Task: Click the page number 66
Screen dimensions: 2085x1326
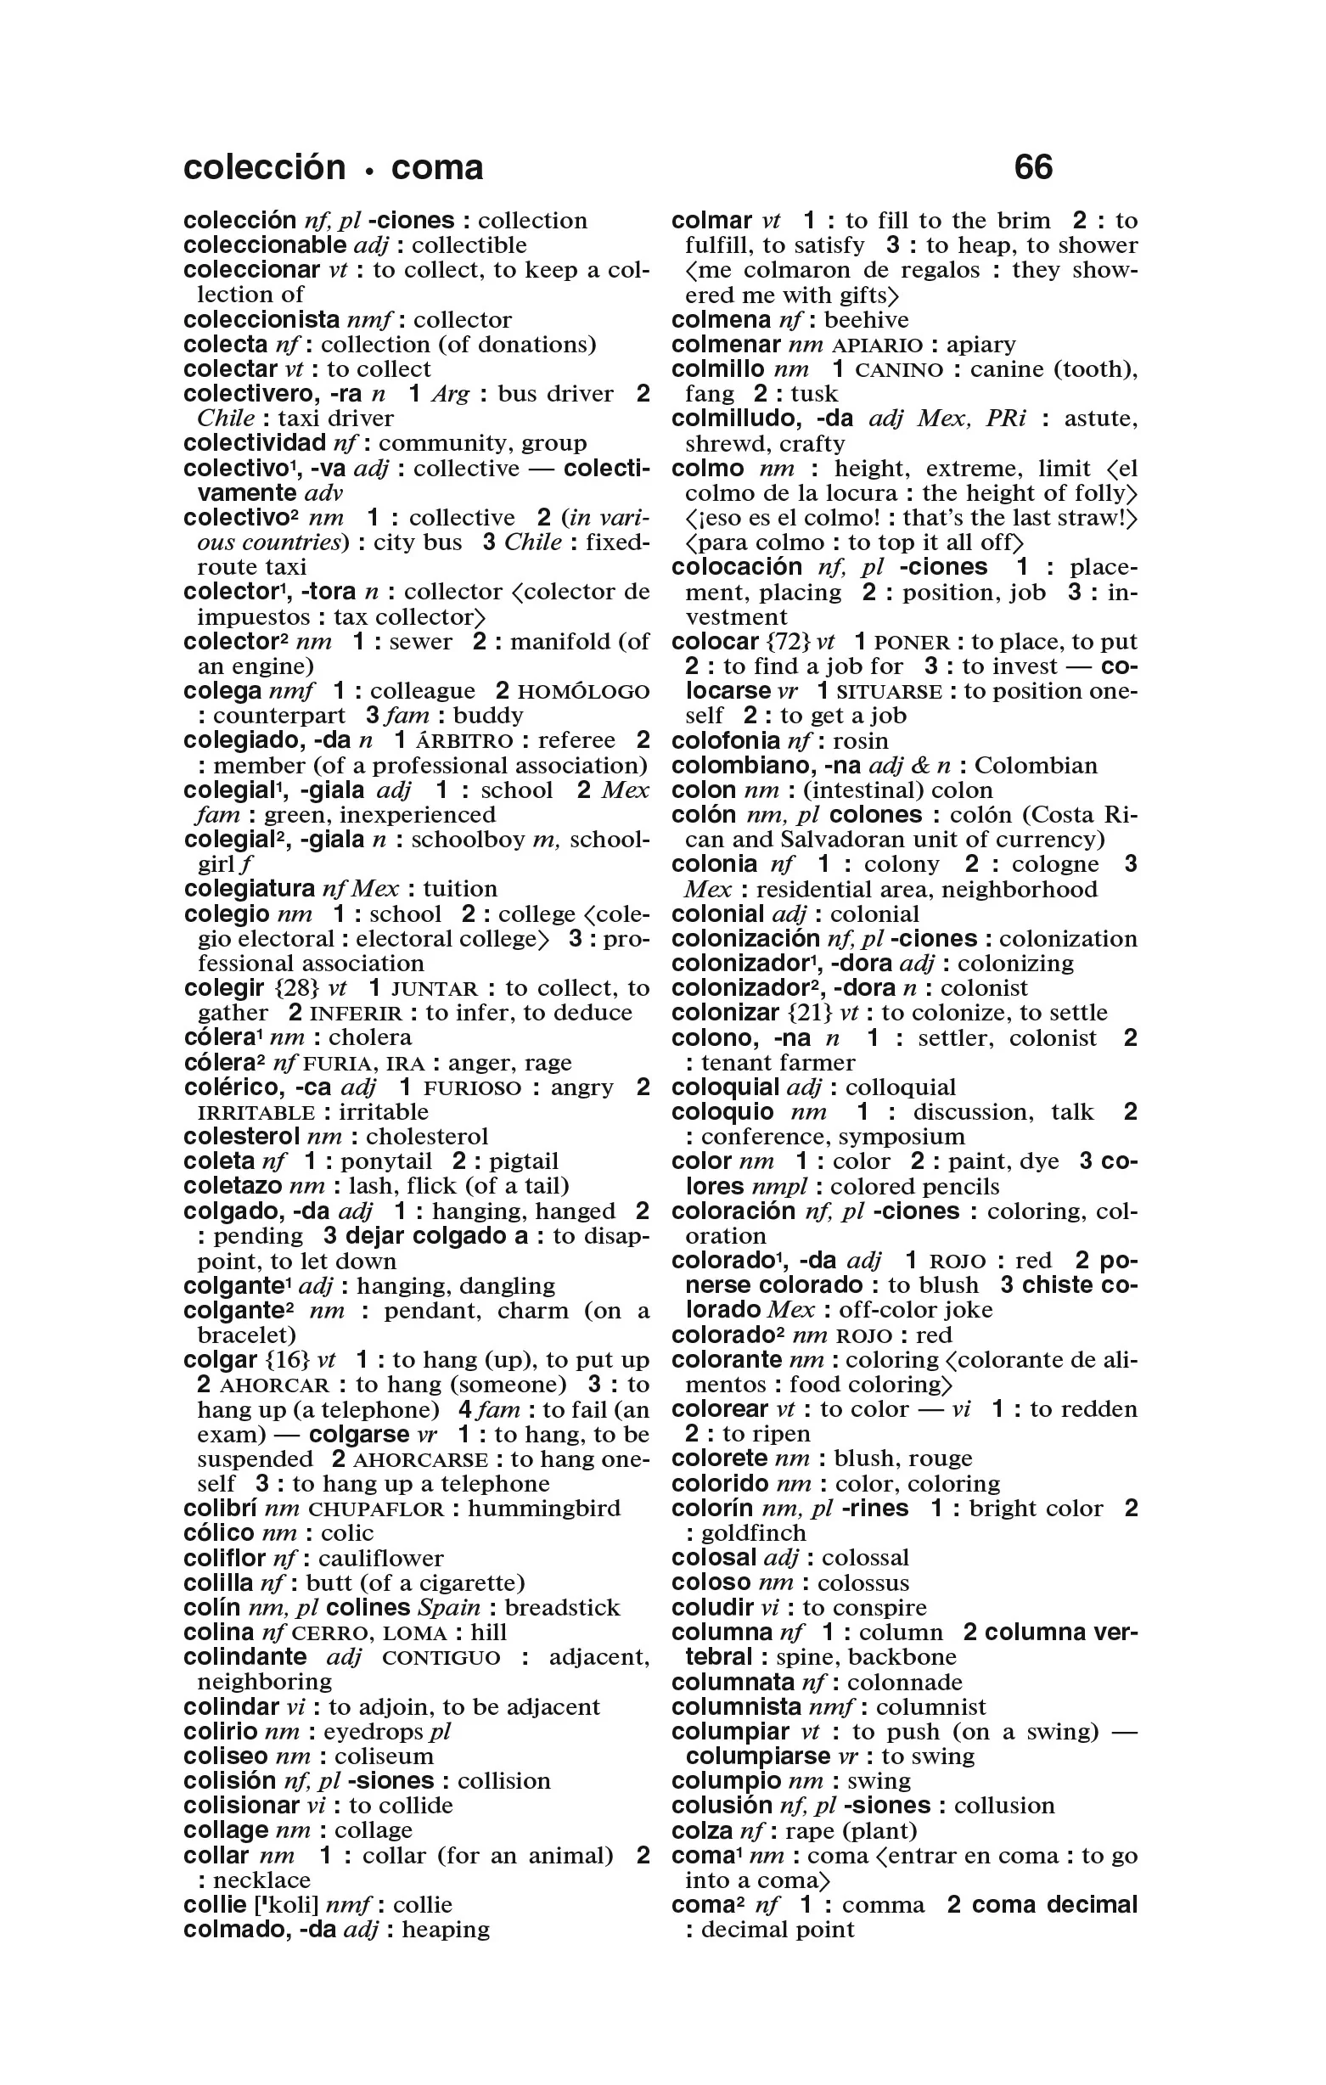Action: click(1032, 167)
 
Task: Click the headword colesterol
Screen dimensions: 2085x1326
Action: click(242, 1136)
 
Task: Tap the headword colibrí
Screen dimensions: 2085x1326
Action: click(220, 1509)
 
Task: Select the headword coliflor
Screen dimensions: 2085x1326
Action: click(224, 1559)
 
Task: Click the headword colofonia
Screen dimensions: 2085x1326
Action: click(726, 741)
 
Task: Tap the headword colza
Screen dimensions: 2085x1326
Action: click(702, 1831)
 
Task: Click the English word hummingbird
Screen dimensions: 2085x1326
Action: click(544, 1509)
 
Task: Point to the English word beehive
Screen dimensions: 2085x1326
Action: click(866, 320)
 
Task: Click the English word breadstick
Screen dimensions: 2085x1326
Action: click(562, 1608)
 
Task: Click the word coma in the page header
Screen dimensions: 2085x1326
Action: click(436, 167)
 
